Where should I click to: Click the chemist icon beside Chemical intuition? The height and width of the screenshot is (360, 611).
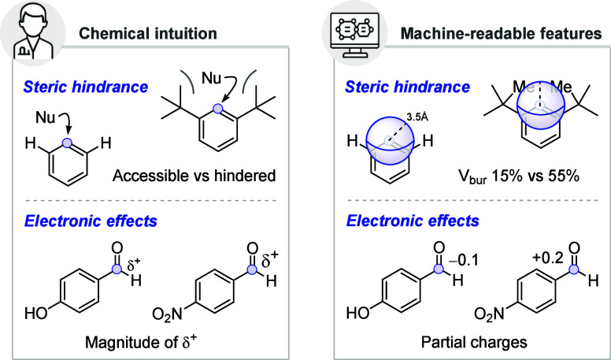(33, 34)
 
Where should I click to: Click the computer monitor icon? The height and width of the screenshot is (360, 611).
(354, 34)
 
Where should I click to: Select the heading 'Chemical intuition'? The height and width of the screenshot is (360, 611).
(148, 34)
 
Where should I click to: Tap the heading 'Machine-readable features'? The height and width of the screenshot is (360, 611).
(502, 34)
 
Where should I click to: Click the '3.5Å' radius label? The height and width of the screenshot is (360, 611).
(417, 117)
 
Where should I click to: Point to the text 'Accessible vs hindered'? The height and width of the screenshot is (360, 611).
(194, 176)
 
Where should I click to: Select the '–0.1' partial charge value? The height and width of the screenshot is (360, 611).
(463, 260)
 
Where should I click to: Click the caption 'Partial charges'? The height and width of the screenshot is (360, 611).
(474, 342)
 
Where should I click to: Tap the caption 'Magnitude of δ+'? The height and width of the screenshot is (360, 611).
(141, 341)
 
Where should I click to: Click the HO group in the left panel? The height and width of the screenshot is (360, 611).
(36, 313)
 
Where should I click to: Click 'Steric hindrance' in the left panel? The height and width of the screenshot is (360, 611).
(86, 87)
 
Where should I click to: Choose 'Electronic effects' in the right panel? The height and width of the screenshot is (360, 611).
(413, 221)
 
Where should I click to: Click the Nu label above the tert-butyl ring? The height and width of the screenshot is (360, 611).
(212, 79)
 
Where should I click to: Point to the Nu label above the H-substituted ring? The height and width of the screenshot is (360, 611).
(45, 117)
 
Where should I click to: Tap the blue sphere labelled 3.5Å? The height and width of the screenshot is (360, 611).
(390, 140)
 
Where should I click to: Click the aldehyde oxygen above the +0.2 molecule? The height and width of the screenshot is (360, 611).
(574, 248)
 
